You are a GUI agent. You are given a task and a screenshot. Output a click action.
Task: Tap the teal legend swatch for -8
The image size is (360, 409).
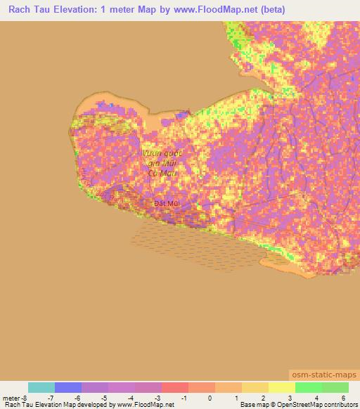[x=41, y=387]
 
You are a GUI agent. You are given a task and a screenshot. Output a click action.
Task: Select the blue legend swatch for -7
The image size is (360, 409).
[x=68, y=387]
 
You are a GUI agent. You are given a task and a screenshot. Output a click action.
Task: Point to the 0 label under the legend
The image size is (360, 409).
[x=210, y=398]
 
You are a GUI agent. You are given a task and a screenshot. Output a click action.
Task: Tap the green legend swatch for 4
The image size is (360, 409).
[x=308, y=387]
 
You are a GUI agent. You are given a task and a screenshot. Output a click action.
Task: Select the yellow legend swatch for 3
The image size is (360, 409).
[x=281, y=387]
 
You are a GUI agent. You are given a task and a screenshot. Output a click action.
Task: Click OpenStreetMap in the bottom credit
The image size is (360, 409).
[x=290, y=405]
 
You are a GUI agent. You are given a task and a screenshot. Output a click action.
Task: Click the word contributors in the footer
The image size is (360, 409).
[x=336, y=405]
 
